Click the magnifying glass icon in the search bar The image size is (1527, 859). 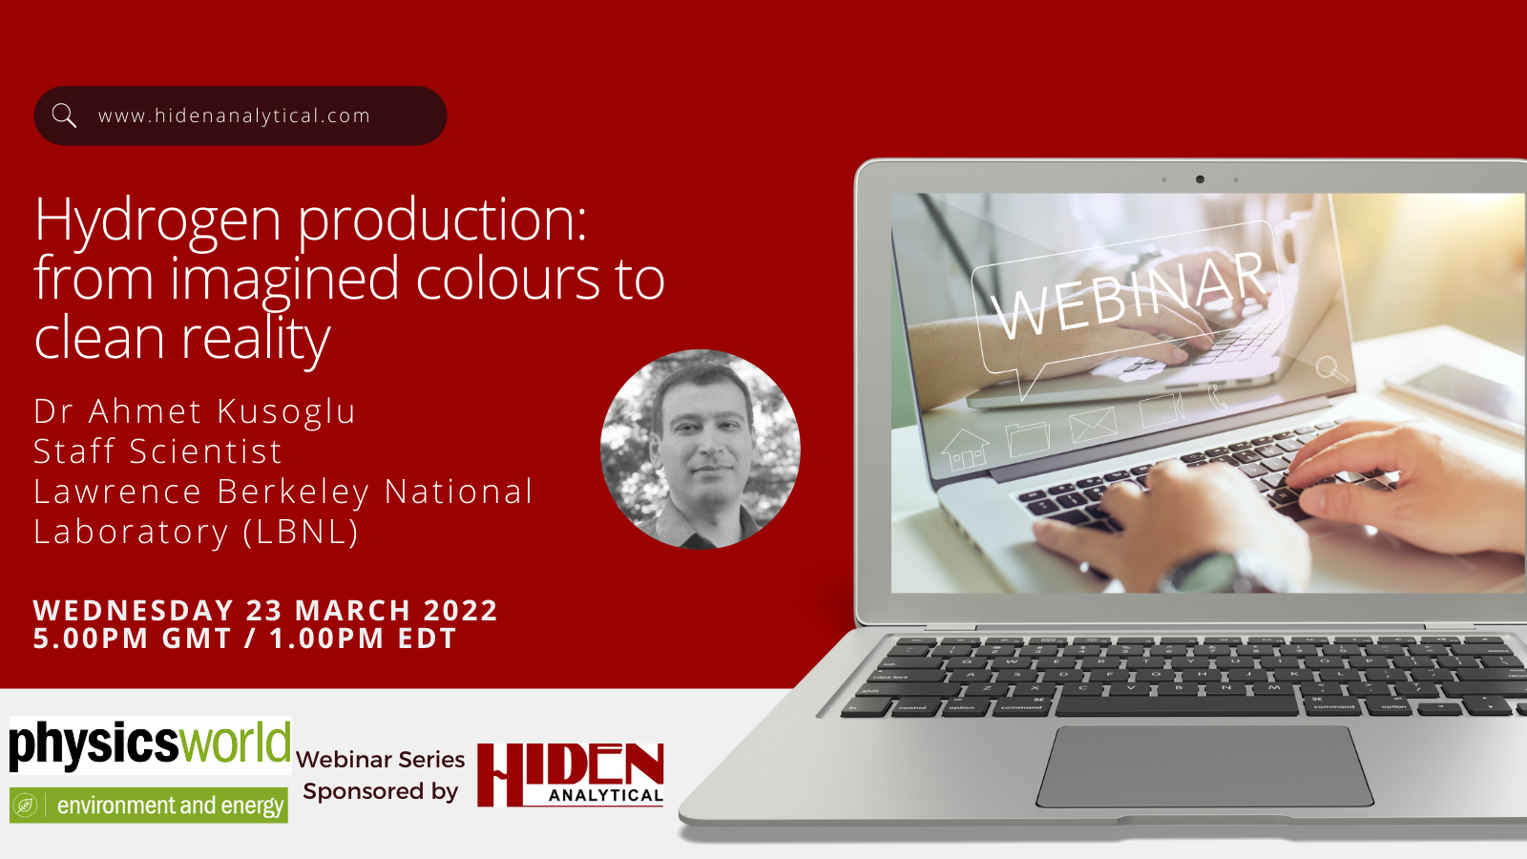[64, 115]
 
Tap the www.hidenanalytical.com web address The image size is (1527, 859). [234, 115]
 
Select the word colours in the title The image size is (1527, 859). [508, 278]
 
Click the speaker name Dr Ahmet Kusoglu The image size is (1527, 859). [195, 411]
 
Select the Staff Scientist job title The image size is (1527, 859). [157, 451]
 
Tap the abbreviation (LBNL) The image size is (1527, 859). [301, 532]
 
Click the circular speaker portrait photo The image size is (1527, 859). [701, 450]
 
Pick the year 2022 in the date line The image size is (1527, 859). [461, 610]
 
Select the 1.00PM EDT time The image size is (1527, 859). [363, 639]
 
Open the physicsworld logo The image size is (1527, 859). [150, 744]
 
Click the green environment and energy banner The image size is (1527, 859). [149, 806]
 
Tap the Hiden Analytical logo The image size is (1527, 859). [571, 775]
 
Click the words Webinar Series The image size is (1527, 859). [381, 760]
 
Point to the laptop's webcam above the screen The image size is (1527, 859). [1200, 179]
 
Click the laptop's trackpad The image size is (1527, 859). [1204, 766]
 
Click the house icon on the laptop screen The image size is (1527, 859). [965, 450]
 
